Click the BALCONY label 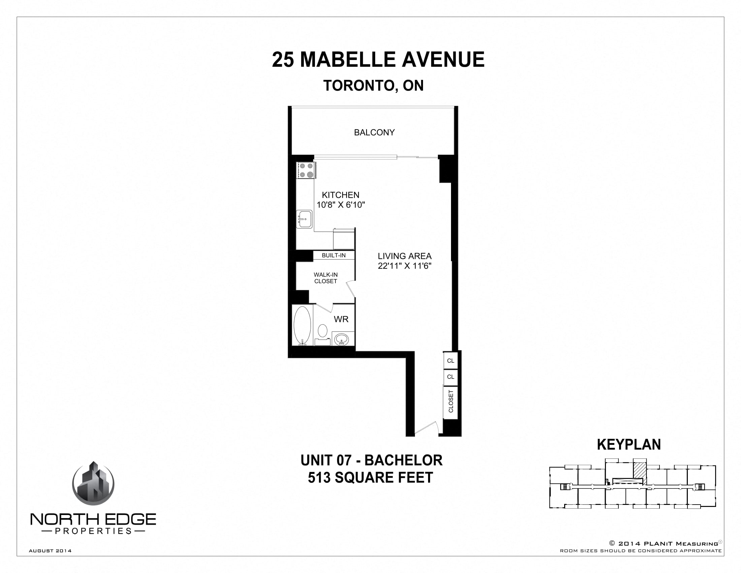coord(374,132)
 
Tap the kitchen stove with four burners coord(306,171)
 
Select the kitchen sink coord(304,219)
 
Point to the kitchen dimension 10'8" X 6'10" coord(341,205)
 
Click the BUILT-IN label coord(333,255)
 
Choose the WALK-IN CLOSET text coord(325,278)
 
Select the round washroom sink coord(341,339)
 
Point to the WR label coord(341,319)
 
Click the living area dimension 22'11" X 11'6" coord(405,266)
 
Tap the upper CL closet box coord(451,361)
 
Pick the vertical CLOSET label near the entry coord(451,401)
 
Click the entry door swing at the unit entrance coord(426,429)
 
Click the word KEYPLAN coord(629,445)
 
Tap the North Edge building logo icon coord(93,484)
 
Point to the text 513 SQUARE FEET coord(370,478)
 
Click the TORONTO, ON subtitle coord(374,86)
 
